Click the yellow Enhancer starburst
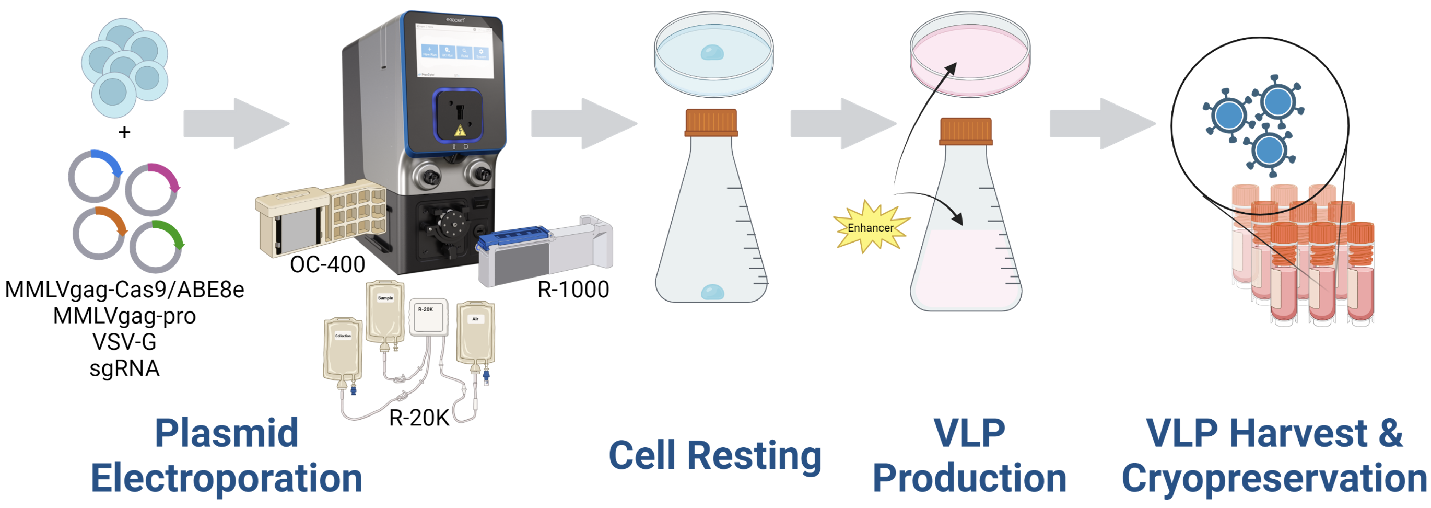tap(871, 227)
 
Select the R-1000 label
tap(573, 290)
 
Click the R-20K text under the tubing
tap(419, 418)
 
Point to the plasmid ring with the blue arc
tap(95, 177)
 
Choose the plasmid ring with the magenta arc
tap(151, 190)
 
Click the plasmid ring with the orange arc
tap(99, 233)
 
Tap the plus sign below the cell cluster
tap(124, 132)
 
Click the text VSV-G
tap(124, 342)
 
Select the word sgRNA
tap(124, 368)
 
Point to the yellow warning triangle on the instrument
tap(460, 131)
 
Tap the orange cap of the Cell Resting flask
tap(711, 123)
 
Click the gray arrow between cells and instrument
tap(236, 123)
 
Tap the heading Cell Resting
tap(715, 456)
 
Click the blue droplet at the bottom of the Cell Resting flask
tap(712, 292)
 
